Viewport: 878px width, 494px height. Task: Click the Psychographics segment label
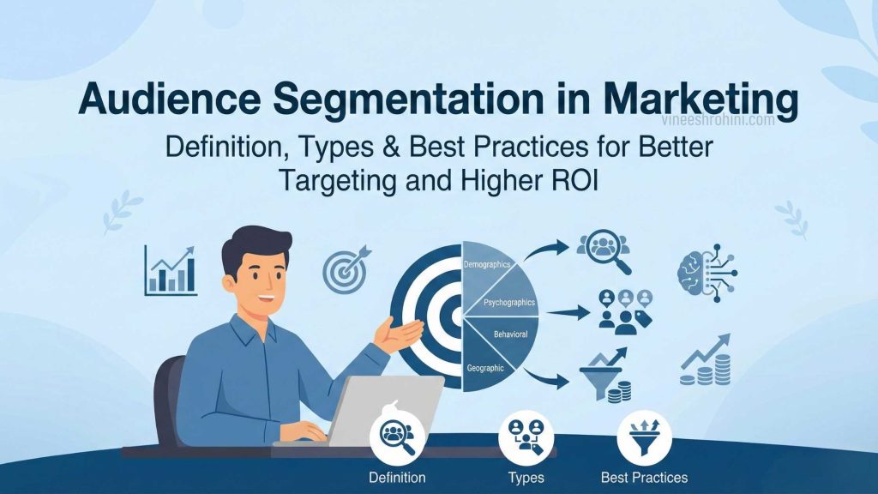[509, 302]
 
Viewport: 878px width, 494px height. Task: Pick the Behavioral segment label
[511, 333]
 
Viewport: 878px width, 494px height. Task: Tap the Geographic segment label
[485, 368]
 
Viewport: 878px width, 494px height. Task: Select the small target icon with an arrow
[346, 268]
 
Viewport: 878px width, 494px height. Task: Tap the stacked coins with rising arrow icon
[706, 360]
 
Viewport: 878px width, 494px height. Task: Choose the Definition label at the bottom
[397, 477]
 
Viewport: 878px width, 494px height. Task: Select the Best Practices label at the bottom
[645, 477]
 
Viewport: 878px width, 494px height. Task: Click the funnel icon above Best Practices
[644, 436]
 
